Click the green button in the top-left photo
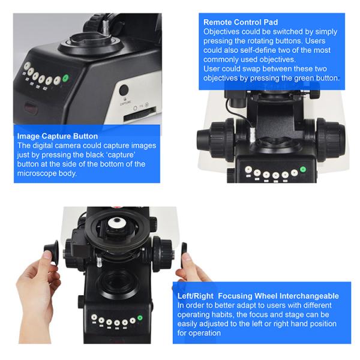point(66,78)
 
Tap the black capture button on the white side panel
point(124,90)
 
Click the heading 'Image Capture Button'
point(58,136)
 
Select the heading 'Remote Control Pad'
point(241,22)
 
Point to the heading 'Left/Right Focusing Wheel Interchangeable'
point(258,296)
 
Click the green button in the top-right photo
point(303,169)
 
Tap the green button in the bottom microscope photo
point(140,318)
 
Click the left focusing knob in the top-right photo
point(216,140)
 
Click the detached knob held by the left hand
point(52,252)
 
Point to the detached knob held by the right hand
point(184,253)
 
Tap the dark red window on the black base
point(31,107)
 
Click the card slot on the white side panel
point(140,114)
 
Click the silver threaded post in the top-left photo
point(106,26)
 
